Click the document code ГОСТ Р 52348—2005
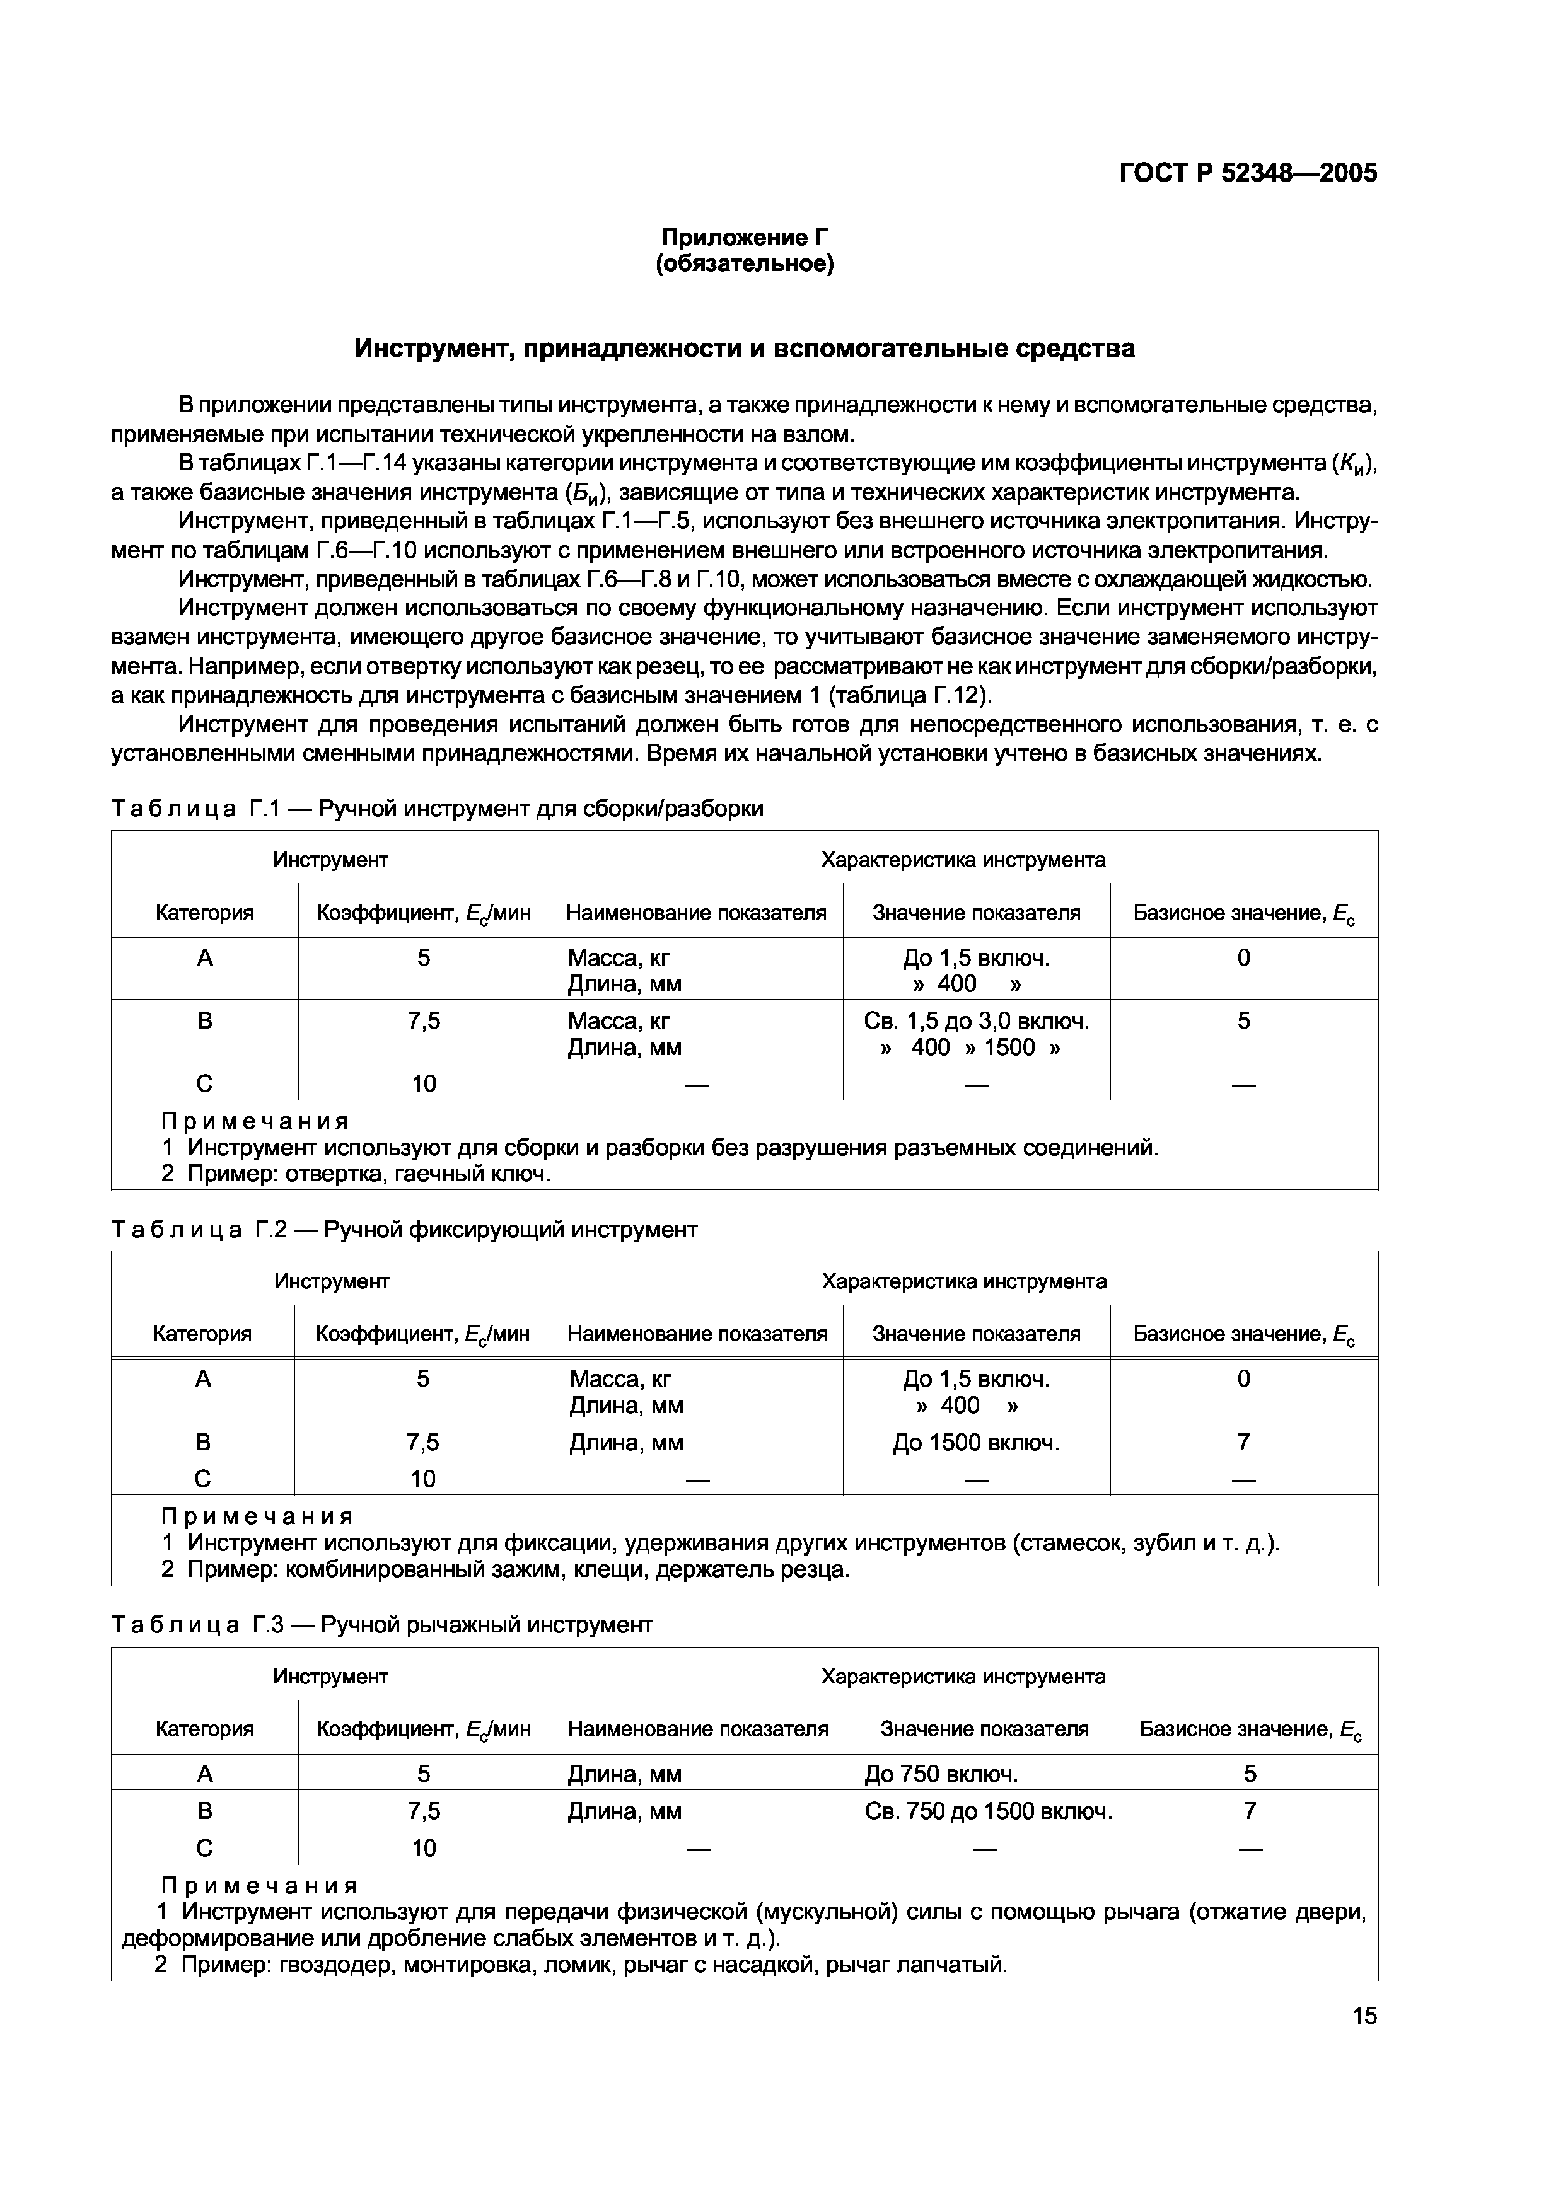(x=1248, y=173)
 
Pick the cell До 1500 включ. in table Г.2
(x=975, y=1443)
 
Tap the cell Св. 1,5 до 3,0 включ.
(x=975, y=1022)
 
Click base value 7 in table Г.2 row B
(x=1243, y=1443)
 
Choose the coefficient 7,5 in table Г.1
(x=424, y=1022)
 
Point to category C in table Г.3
(x=204, y=1848)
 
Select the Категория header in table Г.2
(x=202, y=1334)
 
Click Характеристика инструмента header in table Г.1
(x=963, y=860)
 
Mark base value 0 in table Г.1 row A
(x=1243, y=958)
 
